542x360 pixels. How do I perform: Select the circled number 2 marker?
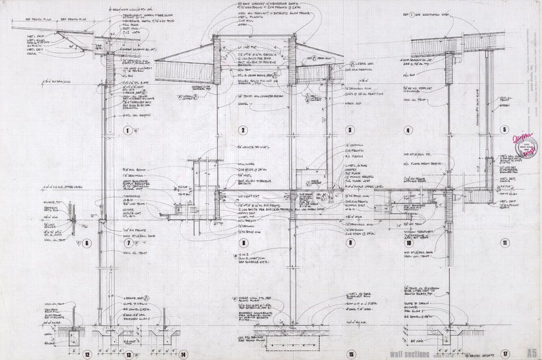pyautogui.click(x=243, y=131)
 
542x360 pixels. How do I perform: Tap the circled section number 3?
pyautogui.click(x=349, y=131)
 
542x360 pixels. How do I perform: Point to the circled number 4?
pyautogui.click(x=408, y=131)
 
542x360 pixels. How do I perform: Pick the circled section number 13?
pyautogui.click(x=129, y=355)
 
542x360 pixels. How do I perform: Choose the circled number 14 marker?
pyautogui.click(x=182, y=355)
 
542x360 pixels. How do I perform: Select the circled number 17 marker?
pyautogui.click(x=505, y=354)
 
